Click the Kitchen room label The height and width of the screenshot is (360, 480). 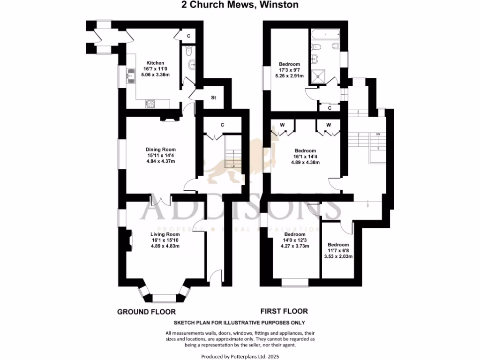155,63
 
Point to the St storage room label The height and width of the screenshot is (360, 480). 213,98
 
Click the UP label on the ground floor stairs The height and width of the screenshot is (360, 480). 233,166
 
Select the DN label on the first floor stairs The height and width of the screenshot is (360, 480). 377,135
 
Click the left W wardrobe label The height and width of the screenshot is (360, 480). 282,125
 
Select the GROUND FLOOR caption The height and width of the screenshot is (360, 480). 146,312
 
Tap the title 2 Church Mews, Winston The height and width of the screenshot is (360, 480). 240,5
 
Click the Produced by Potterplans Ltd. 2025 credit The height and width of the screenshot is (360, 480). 240,356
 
